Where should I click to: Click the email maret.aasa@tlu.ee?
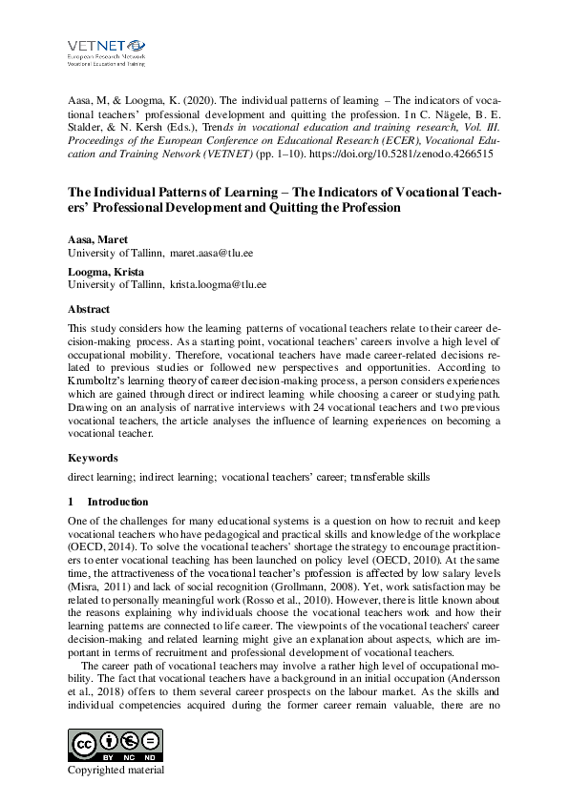tap(218, 254)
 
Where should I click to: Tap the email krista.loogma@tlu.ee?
tap(219, 284)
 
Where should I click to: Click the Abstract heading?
tap(89, 309)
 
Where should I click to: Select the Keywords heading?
tap(93, 457)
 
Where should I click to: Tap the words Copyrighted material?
tap(116, 771)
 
